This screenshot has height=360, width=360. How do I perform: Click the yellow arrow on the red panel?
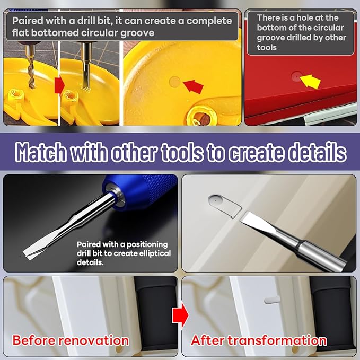pyautogui.click(x=310, y=81)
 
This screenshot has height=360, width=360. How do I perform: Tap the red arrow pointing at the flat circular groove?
pyautogui.click(x=194, y=86)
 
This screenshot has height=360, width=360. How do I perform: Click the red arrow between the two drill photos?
pyautogui.click(x=59, y=86)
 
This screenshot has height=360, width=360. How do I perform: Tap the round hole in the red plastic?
pyautogui.click(x=296, y=76)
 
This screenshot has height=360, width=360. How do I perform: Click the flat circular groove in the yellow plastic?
pyautogui.click(x=174, y=82)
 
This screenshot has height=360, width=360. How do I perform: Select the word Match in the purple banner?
pyautogui.click(x=41, y=152)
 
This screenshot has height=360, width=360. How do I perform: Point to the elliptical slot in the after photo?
pyautogui.click(x=272, y=300)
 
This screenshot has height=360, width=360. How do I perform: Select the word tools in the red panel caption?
pyautogui.click(x=267, y=48)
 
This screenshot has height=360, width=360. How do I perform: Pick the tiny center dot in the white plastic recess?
pyautogui.click(x=216, y=200)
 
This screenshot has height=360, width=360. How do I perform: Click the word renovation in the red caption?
pyautogui.click(x=94, y=340)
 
